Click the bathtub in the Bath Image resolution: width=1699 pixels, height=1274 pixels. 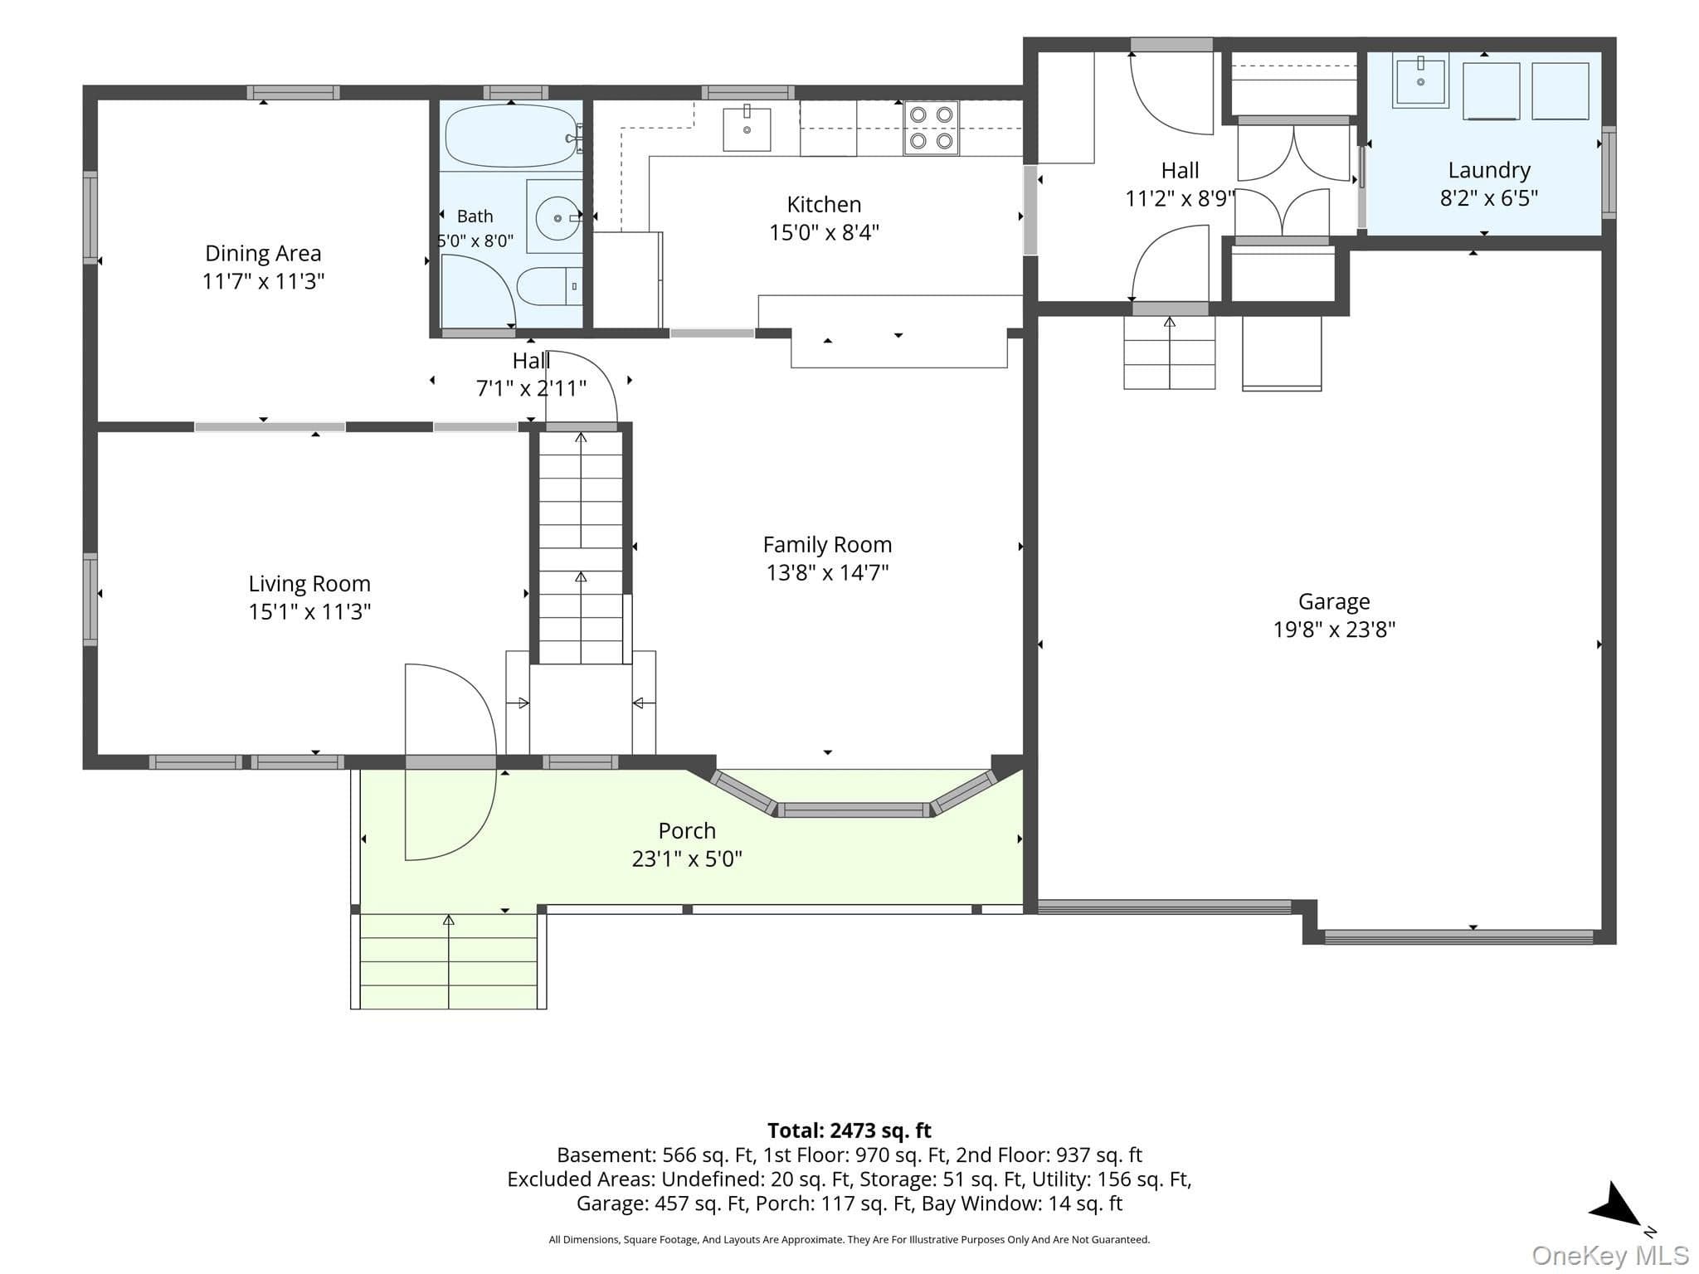pyautogui.click(x=513, y=135)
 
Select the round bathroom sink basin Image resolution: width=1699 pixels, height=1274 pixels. pyautogui.click(x=554, y=218)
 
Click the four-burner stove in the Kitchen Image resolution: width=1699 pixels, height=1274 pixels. pyautogui.click(x=932, y=129)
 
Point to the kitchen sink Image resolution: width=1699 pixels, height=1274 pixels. pyautogui.click(x=747, y=129)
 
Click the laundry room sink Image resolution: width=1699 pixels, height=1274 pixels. pyautogui.click(x=1420, y=80)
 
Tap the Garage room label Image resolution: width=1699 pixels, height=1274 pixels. pyautogui.click(x=1334, y=601)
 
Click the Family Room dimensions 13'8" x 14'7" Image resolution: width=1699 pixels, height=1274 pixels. pyautogui.click(x=827, y=572)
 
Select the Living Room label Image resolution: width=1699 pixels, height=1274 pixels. pyautogui.click(x=309, y=584)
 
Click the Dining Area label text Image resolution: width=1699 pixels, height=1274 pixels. pyautogui.click(x=263, y=253)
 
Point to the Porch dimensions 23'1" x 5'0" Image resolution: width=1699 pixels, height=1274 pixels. pyautogui.click(x=687, y=858)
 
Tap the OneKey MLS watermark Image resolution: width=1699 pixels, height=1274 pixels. pyautogui.click(x=1610, y=1256)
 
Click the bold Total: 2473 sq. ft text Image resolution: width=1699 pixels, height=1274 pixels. pyautogui.click(x=849, y=1131)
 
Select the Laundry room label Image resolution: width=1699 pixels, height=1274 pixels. pyautogui.click(x=1489, y=170)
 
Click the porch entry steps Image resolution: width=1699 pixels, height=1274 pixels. pyautogui.click(x=448, y=961)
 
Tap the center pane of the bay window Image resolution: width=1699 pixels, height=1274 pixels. pyautogui.click(x=854, y=810)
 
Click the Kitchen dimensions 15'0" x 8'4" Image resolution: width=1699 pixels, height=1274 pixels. pyautogui.click(x=824, y=232)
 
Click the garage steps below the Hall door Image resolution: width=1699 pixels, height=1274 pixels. pyautogui.click(x=1170, y=353)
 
